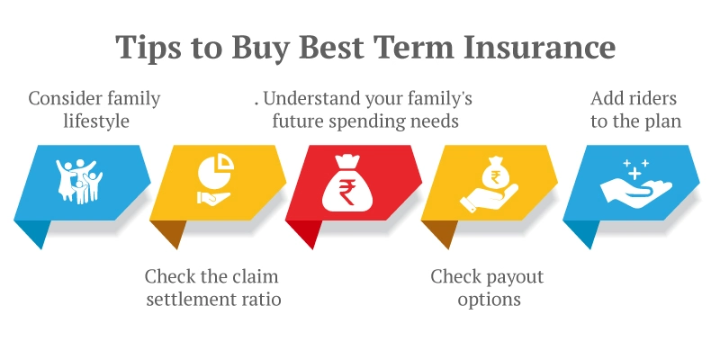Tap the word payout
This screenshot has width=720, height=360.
point(511,276)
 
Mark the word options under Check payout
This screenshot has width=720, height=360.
point(489,299)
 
